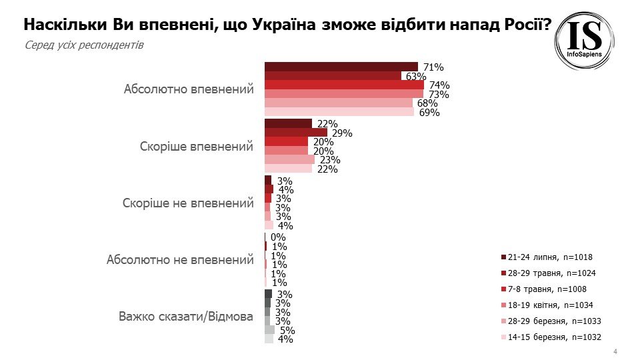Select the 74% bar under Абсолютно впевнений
(x=344, y=85)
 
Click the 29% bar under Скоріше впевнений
(x=296, y=132)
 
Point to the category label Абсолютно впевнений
(x=189, y=89)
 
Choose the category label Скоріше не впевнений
(x=189, y=203)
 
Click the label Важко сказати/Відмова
(x=185, y=316)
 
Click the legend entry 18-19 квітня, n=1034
(x=549, y=305)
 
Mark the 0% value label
(x=278, y=237)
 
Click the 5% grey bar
(x=269, y=329)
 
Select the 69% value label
(x=429, y=112)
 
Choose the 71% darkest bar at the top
(x=341, y=67)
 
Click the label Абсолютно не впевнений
(x=180, y=259)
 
